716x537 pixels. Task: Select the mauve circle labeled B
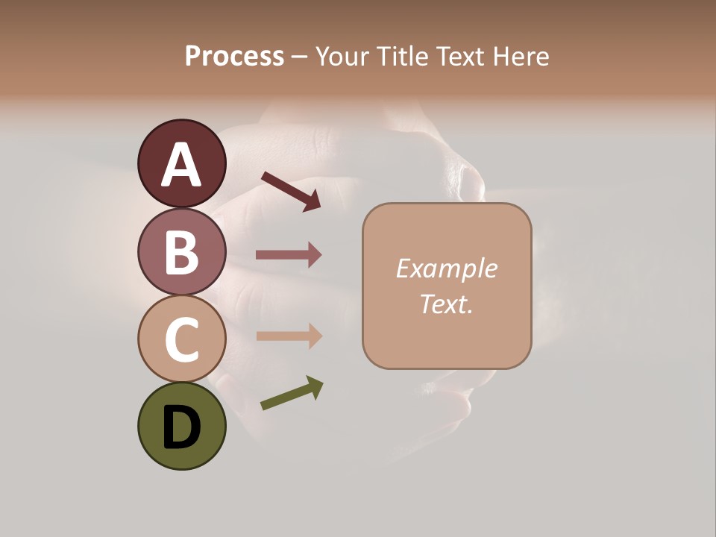coord(181,252)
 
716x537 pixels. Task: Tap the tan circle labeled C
coord(181,339)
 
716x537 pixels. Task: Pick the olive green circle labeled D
coord(181,426)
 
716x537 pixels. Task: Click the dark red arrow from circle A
coord(292,191)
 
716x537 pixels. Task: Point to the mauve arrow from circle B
coord(289,255)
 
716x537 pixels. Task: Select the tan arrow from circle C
coord(289,336)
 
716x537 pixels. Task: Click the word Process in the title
coord(234,57)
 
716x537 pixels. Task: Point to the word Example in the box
coord(446,268)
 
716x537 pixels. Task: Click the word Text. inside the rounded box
coord(446,304)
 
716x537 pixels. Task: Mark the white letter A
coord(181,166)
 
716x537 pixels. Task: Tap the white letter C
coord(181,340)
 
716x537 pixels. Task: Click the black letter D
coord(181,429)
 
